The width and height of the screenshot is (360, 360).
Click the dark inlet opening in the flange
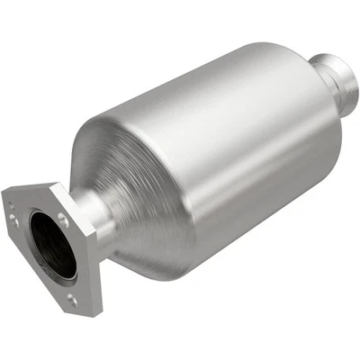51,243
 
